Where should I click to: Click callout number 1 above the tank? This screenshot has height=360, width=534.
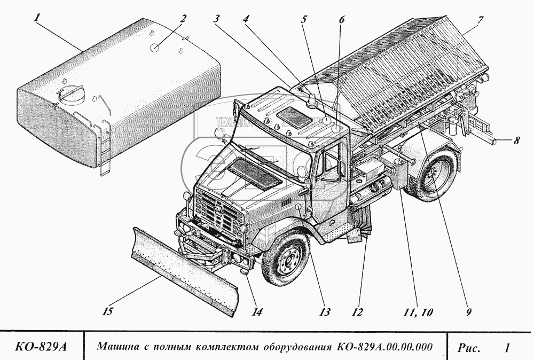point(37,18)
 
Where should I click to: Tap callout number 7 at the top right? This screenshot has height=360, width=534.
point(480,20)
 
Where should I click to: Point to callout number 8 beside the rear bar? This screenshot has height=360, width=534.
point(516,142)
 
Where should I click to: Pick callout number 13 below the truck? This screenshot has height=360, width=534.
point(325,312)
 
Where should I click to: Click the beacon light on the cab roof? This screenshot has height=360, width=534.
point(311,100)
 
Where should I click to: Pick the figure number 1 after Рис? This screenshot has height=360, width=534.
point(506,348)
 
